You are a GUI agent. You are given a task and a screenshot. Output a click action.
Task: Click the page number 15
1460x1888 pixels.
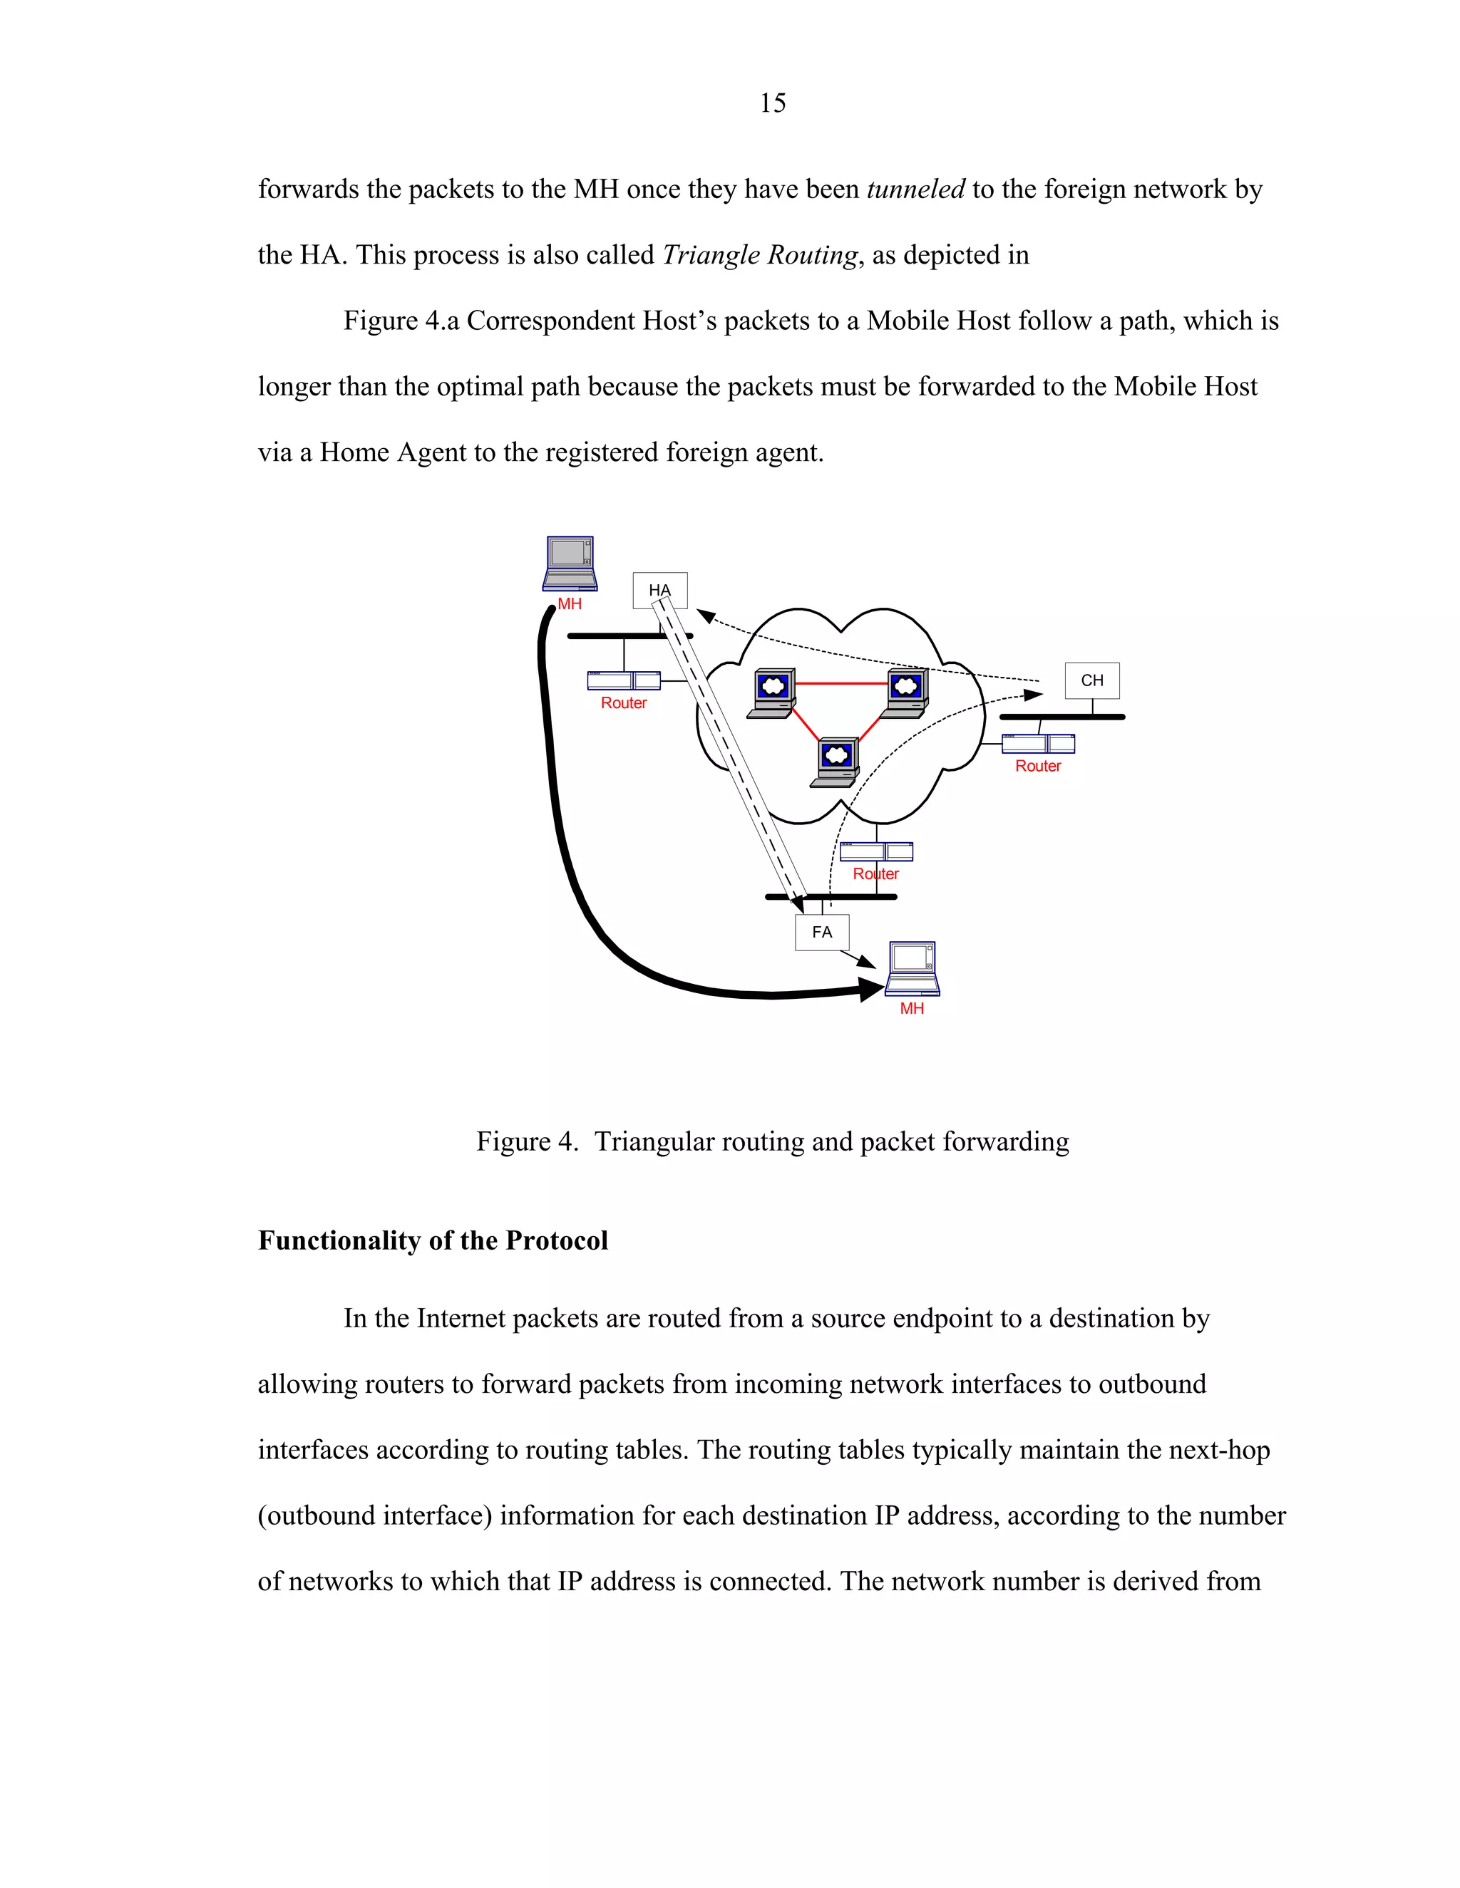[x=772, y=103]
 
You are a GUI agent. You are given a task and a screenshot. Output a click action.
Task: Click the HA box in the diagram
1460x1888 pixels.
[x=660, y=590]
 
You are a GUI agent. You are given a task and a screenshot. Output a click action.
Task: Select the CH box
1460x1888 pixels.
[x=1091, y=680]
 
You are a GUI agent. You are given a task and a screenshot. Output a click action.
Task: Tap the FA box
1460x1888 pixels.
[x=822, y=932]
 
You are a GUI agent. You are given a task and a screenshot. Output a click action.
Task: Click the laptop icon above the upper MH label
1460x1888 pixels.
[x=570, y=562]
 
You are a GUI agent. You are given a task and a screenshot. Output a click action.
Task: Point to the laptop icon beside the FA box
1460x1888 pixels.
[x=912, y=969]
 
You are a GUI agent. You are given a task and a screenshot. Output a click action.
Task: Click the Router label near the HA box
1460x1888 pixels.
[x=624, y=702]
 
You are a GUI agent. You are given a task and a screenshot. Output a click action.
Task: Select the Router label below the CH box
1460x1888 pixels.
[x=1037, y=766]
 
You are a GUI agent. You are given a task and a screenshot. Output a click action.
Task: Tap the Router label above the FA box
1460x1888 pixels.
[x=875, y=874]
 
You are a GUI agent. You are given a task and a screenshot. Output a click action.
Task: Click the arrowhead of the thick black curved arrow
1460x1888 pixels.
[x=870, y=989]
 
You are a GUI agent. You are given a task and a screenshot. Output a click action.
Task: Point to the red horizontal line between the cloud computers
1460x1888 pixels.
[x=840, y=684]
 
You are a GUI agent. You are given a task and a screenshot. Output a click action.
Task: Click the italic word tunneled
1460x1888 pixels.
[x=915, y=190]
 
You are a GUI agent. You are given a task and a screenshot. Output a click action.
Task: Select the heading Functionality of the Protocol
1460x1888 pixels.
[x=433, y=1240]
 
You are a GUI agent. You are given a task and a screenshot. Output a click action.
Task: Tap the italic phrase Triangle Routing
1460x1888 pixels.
[x=759, y=255]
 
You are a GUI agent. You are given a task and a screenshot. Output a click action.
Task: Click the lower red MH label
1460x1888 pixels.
[x=912, y=1009]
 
